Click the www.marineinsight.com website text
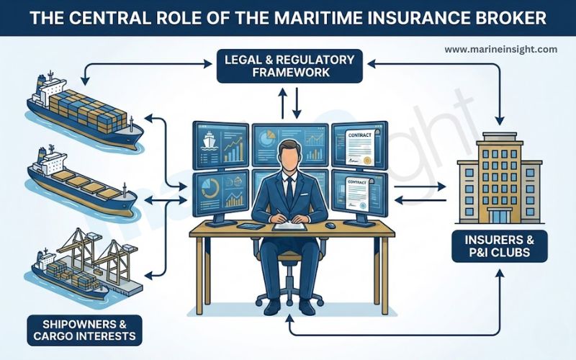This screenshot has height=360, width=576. tap(500, 50)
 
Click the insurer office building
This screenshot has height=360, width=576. tap(500, 176)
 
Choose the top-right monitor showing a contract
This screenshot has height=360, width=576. tap(359, 145)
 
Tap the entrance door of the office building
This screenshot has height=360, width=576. tap(500, 216)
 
